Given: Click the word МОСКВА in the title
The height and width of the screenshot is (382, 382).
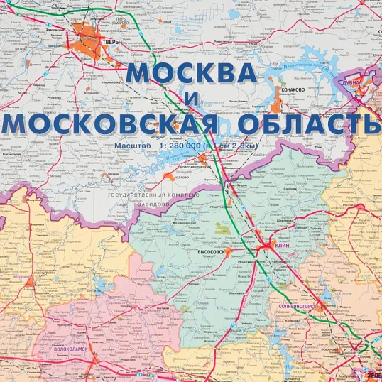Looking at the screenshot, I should (191, 75).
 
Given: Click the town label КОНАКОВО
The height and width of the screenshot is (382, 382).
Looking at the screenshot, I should (293, 89).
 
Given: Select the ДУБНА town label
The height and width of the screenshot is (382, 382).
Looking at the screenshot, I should (365, 82).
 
